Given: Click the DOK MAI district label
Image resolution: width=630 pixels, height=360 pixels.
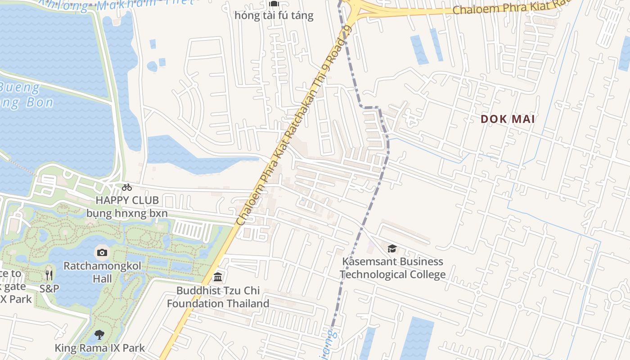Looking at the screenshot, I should click(x=508, y=119).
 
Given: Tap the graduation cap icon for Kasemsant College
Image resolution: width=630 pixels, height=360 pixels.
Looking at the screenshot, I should click(x=392, y=248).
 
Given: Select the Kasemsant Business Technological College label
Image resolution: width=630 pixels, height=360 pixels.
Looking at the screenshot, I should click(x=392, y=268).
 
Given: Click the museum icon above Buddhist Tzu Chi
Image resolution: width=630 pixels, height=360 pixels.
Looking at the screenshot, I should click(x=218, y=276).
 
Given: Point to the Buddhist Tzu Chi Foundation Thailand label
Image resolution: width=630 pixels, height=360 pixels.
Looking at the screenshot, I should click(x=218, y=297).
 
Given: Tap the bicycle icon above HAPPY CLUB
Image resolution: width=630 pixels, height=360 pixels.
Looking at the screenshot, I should click(x=127, y=187).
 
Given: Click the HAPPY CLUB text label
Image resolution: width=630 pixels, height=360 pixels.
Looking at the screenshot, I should click(x=127, y=200).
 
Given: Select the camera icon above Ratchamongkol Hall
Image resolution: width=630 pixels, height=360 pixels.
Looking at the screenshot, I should click(x=102, y=252).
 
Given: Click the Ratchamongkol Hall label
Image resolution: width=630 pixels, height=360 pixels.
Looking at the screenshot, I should click(x=102, y=272).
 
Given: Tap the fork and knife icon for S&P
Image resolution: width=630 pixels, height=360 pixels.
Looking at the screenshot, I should click(x=49, y=275).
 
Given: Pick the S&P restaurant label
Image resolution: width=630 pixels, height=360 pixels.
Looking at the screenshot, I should click(x=49, y=288).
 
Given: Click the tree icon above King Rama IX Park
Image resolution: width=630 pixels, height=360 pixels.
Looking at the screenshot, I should click(x=99, y=335).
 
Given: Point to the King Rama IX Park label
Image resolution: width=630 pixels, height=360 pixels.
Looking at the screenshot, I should click(x=99, y=348).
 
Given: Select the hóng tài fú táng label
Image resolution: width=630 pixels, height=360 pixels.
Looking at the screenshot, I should click(x=274, y=16).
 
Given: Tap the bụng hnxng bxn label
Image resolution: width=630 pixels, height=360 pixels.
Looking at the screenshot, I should click(x=127, y=213).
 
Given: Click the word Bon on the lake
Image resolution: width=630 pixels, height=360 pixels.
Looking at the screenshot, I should click(x=38, y=103).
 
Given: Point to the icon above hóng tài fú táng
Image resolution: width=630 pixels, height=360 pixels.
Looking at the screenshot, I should click(x=274, y=4).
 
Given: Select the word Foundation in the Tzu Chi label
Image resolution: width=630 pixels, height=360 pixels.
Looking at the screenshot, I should click(x=195, y=304).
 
